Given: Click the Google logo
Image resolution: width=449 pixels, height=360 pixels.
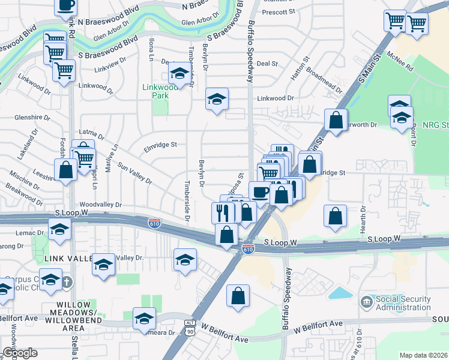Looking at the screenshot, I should (19, 353).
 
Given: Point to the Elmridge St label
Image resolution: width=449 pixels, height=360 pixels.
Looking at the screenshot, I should (160, 145).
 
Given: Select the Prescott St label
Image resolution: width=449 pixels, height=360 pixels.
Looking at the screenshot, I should (279, 11).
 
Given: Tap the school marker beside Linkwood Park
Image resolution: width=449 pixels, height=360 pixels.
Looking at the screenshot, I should (178, 74).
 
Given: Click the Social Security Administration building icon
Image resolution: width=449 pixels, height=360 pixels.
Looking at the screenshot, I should (366, 300).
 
